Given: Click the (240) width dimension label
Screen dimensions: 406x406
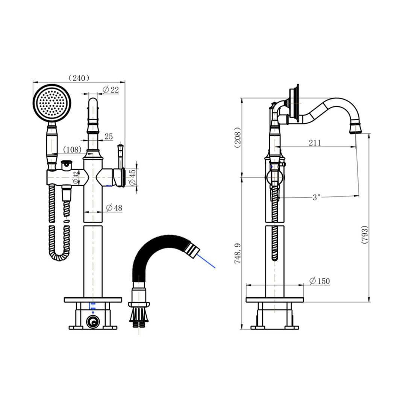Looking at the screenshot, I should [79, 78].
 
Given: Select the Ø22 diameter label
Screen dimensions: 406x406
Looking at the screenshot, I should [111, 89].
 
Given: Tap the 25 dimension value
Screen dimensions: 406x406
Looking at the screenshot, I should [109, 137].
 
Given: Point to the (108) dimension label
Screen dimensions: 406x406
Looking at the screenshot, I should [73, 150].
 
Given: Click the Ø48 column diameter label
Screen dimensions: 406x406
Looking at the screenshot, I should [114, 208].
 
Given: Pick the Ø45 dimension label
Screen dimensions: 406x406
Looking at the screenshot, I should [132, 177].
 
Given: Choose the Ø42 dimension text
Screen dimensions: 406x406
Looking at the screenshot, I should [76, 177].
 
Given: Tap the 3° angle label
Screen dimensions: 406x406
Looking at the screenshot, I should [317, 197].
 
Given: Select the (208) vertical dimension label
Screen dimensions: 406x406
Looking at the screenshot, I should [237, 138].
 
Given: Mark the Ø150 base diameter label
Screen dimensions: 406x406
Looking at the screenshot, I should [319, 281].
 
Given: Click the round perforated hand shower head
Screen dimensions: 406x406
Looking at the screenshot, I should [52, 103].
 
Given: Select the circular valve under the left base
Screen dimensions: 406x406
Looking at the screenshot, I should [93, 322].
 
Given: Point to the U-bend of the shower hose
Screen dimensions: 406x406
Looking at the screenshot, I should [59, 256].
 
